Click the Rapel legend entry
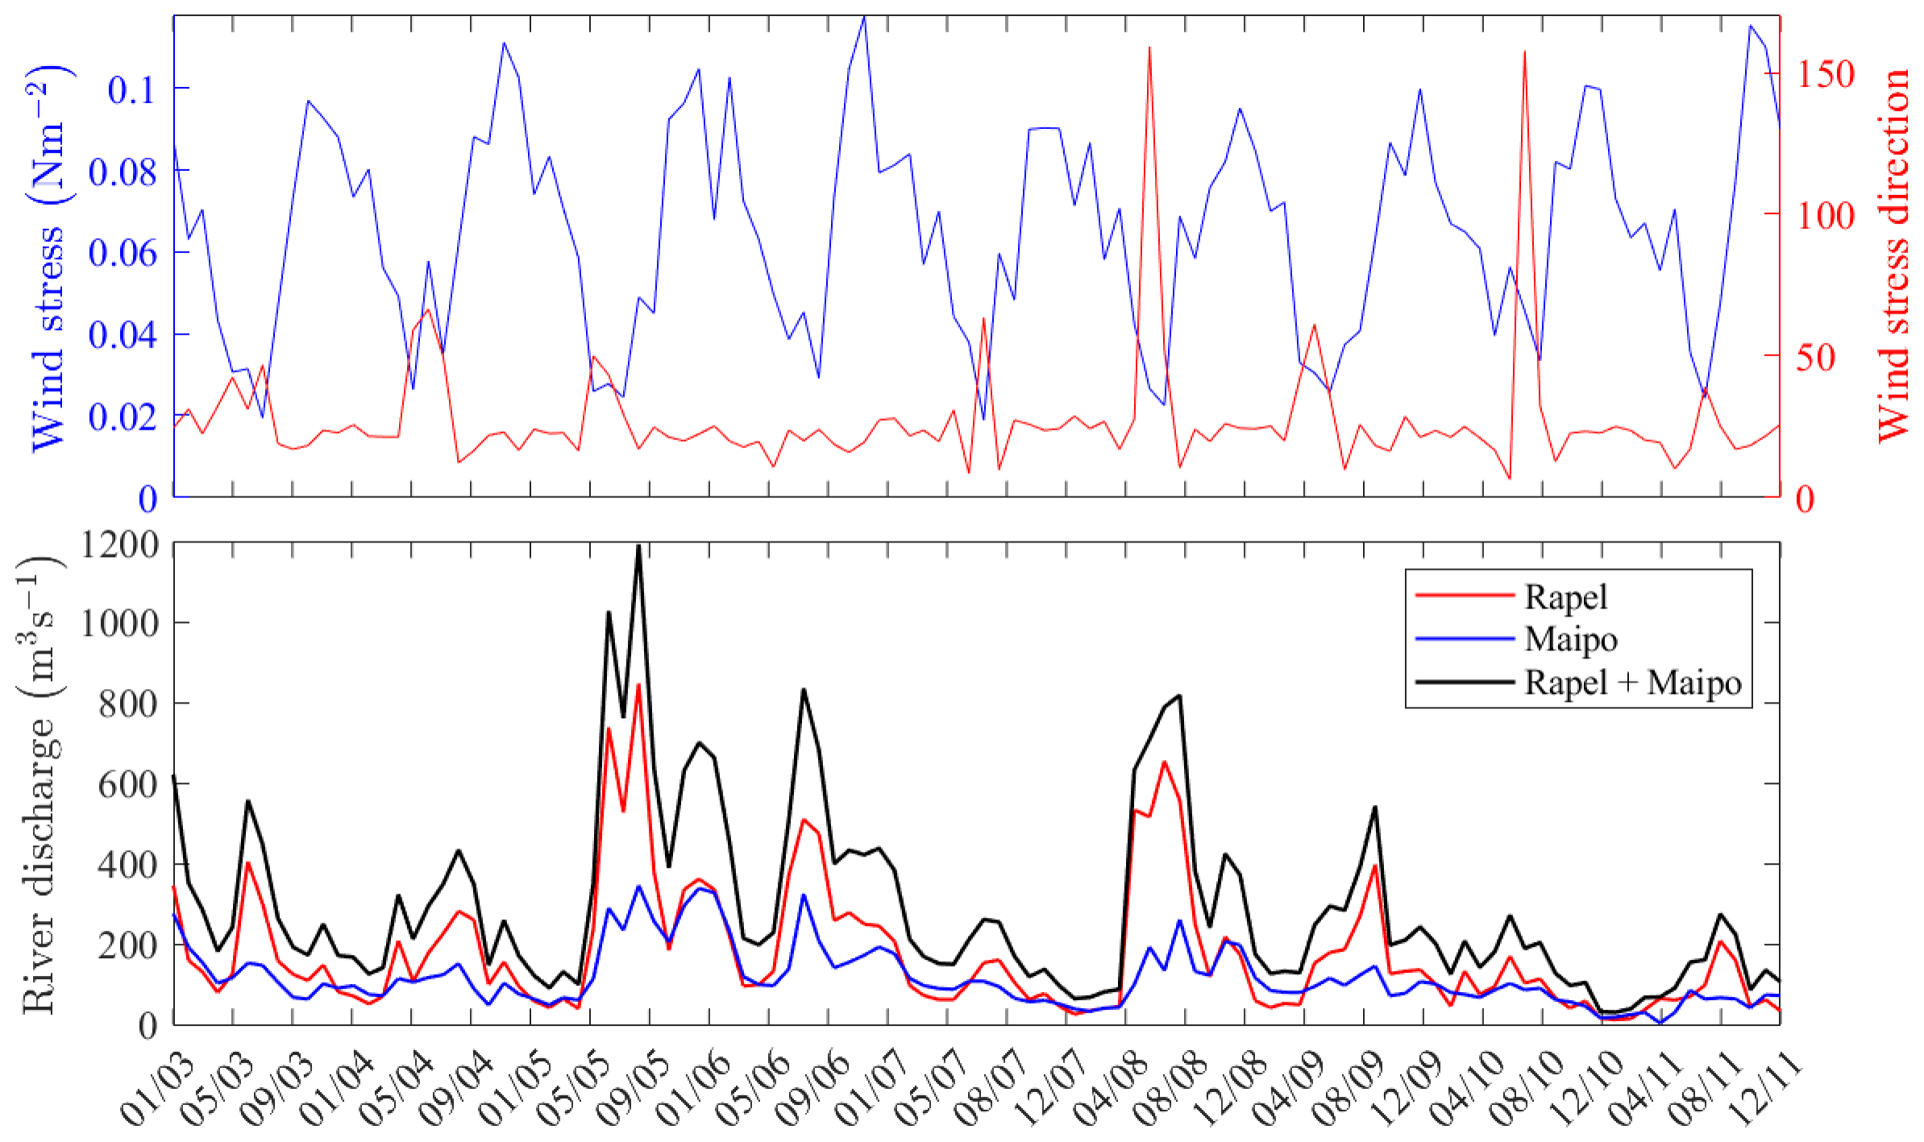coord(1565,597)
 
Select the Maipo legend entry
coord(1570,639)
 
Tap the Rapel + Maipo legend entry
coord(1632,682)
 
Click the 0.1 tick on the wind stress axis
coord(131,89)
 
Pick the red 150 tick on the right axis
coord(1826,75)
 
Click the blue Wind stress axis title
coord(48,258)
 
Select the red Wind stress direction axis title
coord(1892,254)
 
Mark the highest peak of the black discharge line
coord(638,546)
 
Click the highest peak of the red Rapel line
coord(638,685)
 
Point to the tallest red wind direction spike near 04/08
coord(1149,48)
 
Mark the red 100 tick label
coord(1826,216)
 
